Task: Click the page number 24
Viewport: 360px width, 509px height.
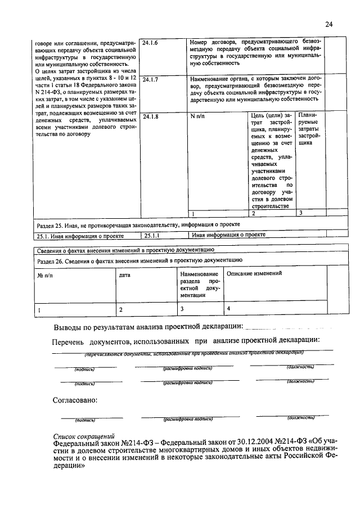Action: (x=329, y=24)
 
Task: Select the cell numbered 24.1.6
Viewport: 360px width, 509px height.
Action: (x=152, y=42)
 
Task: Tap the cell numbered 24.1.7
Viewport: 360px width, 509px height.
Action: (x=152, y=80)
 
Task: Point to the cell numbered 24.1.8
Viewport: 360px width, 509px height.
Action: (x=152, y=116)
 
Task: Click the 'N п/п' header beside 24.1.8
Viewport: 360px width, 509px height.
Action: (x=199, y=116)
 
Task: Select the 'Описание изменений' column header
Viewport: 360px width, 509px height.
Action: (x=254, y=273)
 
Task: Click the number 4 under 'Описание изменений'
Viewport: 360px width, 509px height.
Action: (x=228, y=309)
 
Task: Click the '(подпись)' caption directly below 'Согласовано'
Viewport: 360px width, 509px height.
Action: (x=84, y=420)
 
